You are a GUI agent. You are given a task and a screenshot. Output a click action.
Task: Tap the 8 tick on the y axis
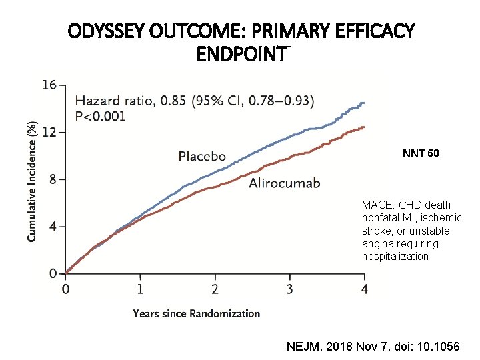[x=52, y=179]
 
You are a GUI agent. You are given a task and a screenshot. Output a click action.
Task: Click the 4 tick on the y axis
[x=52, y=227]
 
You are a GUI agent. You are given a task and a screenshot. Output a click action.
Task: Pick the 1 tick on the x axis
[x=140, y=289]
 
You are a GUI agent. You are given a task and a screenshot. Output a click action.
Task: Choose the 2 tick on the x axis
[x=215, y=289]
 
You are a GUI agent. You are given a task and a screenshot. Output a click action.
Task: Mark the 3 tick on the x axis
[x=289, y=289]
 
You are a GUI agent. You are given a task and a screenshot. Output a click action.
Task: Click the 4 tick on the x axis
[x=363, y=289]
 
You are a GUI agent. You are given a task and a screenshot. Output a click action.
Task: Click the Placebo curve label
[x=202, y=157]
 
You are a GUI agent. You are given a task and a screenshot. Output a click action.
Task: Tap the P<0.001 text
[x=101, y=115]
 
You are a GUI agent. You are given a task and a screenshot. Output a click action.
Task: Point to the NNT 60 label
[x=421, y=154]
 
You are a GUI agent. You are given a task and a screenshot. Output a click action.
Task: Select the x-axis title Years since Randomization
[x=196, y=313]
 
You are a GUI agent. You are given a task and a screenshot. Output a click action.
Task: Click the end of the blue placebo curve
[x=363, y=103]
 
